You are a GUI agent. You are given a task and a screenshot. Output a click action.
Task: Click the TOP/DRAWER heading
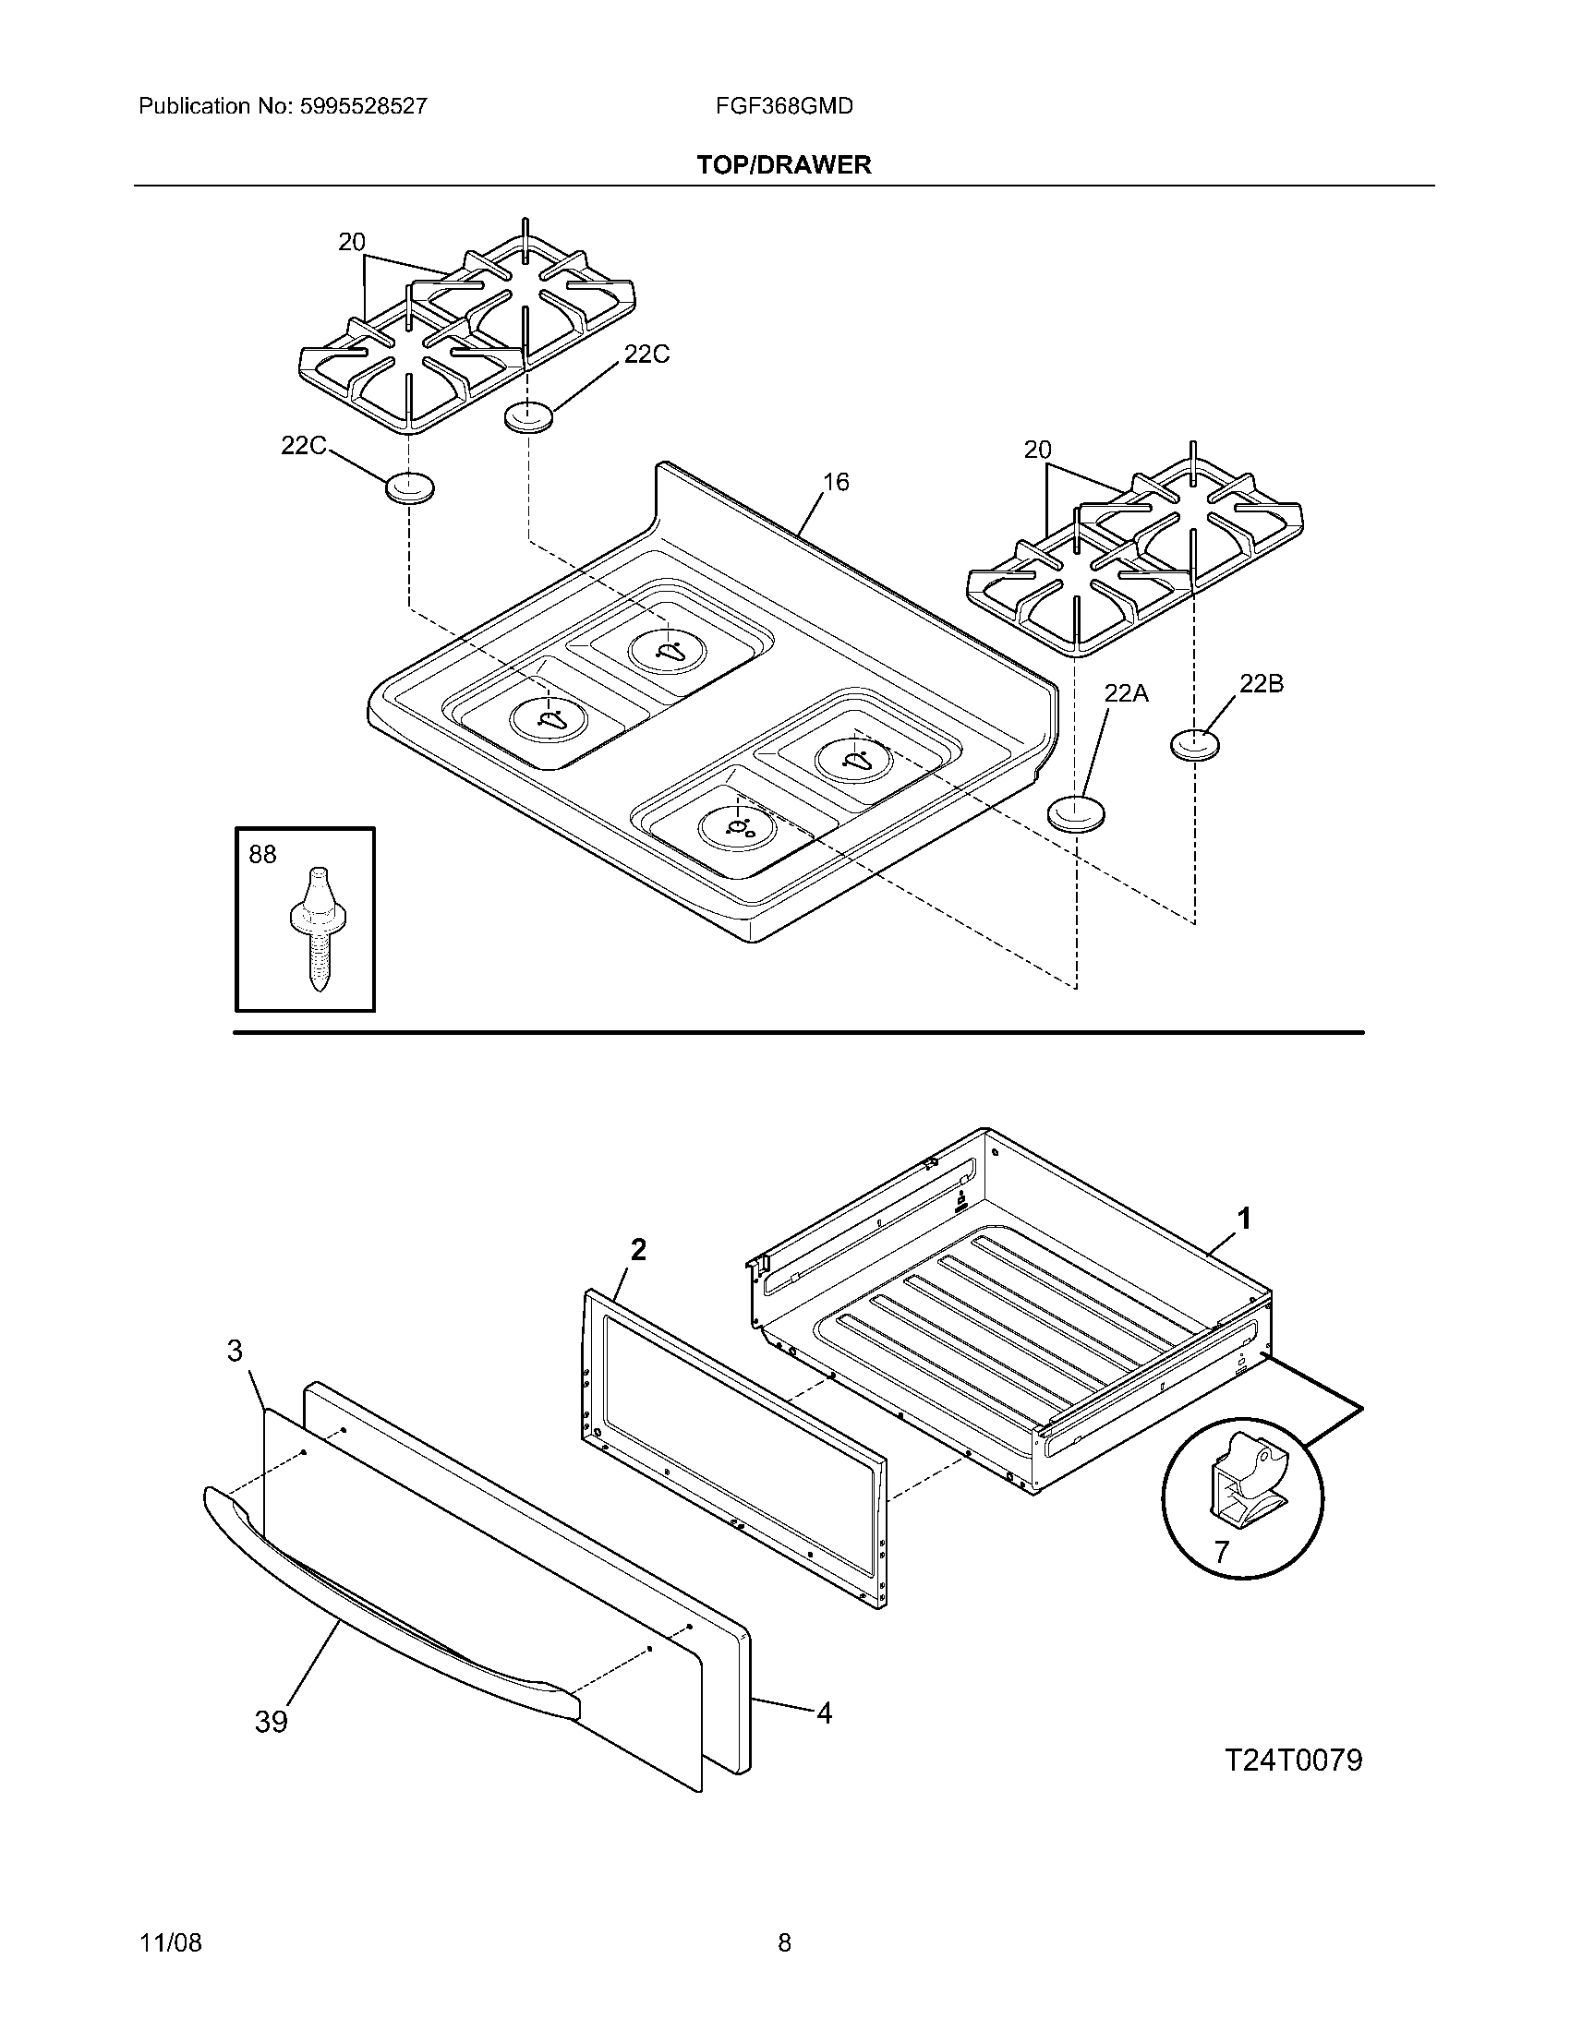point(784,165)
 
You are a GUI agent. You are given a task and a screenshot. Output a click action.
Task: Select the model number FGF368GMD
point(784,106)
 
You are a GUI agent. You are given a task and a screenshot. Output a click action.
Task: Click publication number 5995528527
point(363,106)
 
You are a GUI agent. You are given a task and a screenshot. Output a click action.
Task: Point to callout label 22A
point(1126,692)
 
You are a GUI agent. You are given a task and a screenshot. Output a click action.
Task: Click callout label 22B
point(1262,683)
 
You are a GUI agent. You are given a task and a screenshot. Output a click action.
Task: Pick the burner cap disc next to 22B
point(1194,745)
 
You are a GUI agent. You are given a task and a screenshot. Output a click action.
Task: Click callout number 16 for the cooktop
point(835,482)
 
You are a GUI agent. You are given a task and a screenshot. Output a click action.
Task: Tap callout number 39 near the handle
point(272,1723)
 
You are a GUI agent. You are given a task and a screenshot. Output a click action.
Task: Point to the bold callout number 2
point(637,1251)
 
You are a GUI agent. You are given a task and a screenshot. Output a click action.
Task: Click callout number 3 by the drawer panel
point(235,1351)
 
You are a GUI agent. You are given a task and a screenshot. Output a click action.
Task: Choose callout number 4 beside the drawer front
point(824,1712)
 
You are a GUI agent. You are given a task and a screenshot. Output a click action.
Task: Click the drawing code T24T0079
point(1293,1760)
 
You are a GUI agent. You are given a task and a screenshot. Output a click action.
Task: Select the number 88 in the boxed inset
point(262,855)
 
